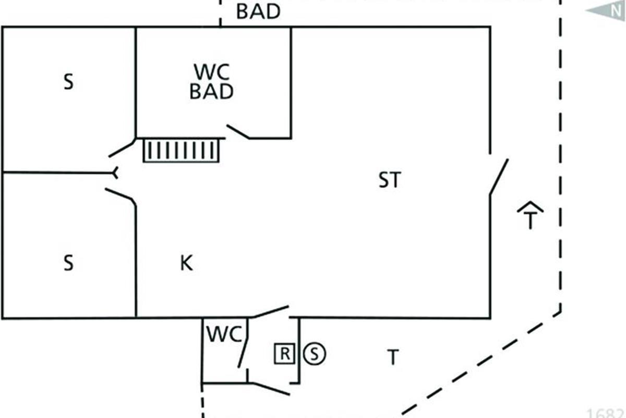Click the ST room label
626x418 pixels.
(x=390, y=180)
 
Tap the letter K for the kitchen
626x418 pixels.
(x=186, y=263)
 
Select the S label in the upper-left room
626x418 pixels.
(x=68, y=83)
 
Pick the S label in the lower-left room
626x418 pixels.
(x=68, y=263)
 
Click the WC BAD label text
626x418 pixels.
(x=211, y=82)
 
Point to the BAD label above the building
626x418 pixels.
(x=258, y=11)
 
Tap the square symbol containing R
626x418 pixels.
(x=284, y=354)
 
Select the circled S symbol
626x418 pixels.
(x=314, y=354)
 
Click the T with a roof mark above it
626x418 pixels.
(x=530, y=215)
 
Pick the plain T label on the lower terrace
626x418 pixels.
(x=393, y=358)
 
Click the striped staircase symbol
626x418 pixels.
(x=181, y=150)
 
